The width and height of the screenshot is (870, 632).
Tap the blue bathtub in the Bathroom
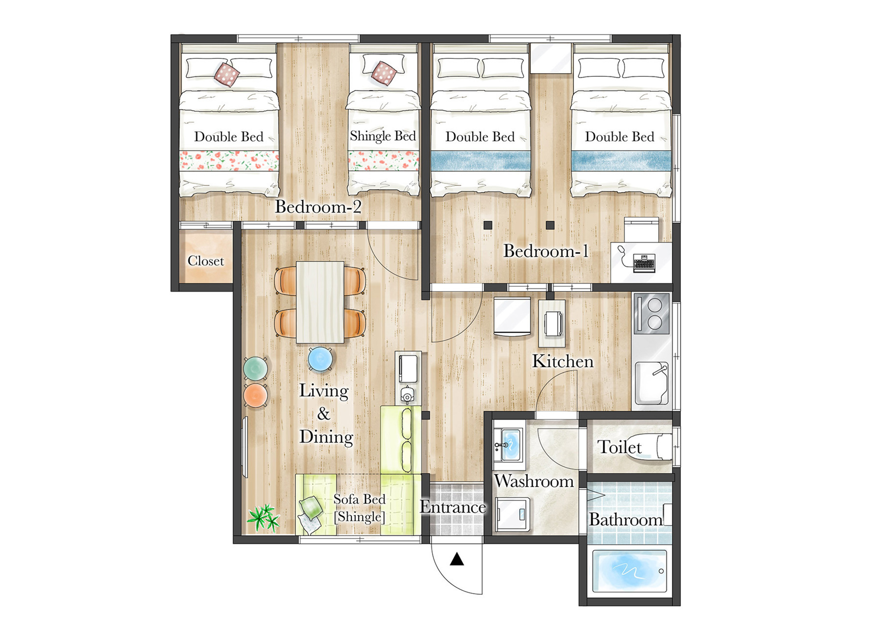(630, 571)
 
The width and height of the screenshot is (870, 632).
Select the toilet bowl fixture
(649, 447)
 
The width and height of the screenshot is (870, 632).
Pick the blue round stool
(320, 359)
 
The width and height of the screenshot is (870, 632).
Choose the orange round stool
(256, 395)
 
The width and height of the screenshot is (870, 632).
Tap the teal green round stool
(256, 368)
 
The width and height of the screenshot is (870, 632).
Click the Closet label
(206, 261)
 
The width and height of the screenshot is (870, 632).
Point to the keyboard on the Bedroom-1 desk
(644, 263)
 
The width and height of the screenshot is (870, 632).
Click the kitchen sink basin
(652, 383)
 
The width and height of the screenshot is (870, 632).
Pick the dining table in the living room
(320, 302)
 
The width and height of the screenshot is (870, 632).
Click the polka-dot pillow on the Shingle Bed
(384, 73)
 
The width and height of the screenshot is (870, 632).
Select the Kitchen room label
(563, 361)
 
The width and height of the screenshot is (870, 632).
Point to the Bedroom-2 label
(318, 207)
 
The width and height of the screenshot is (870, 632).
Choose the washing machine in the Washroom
(513, 514)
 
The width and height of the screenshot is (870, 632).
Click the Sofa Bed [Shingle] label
(359, 508)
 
